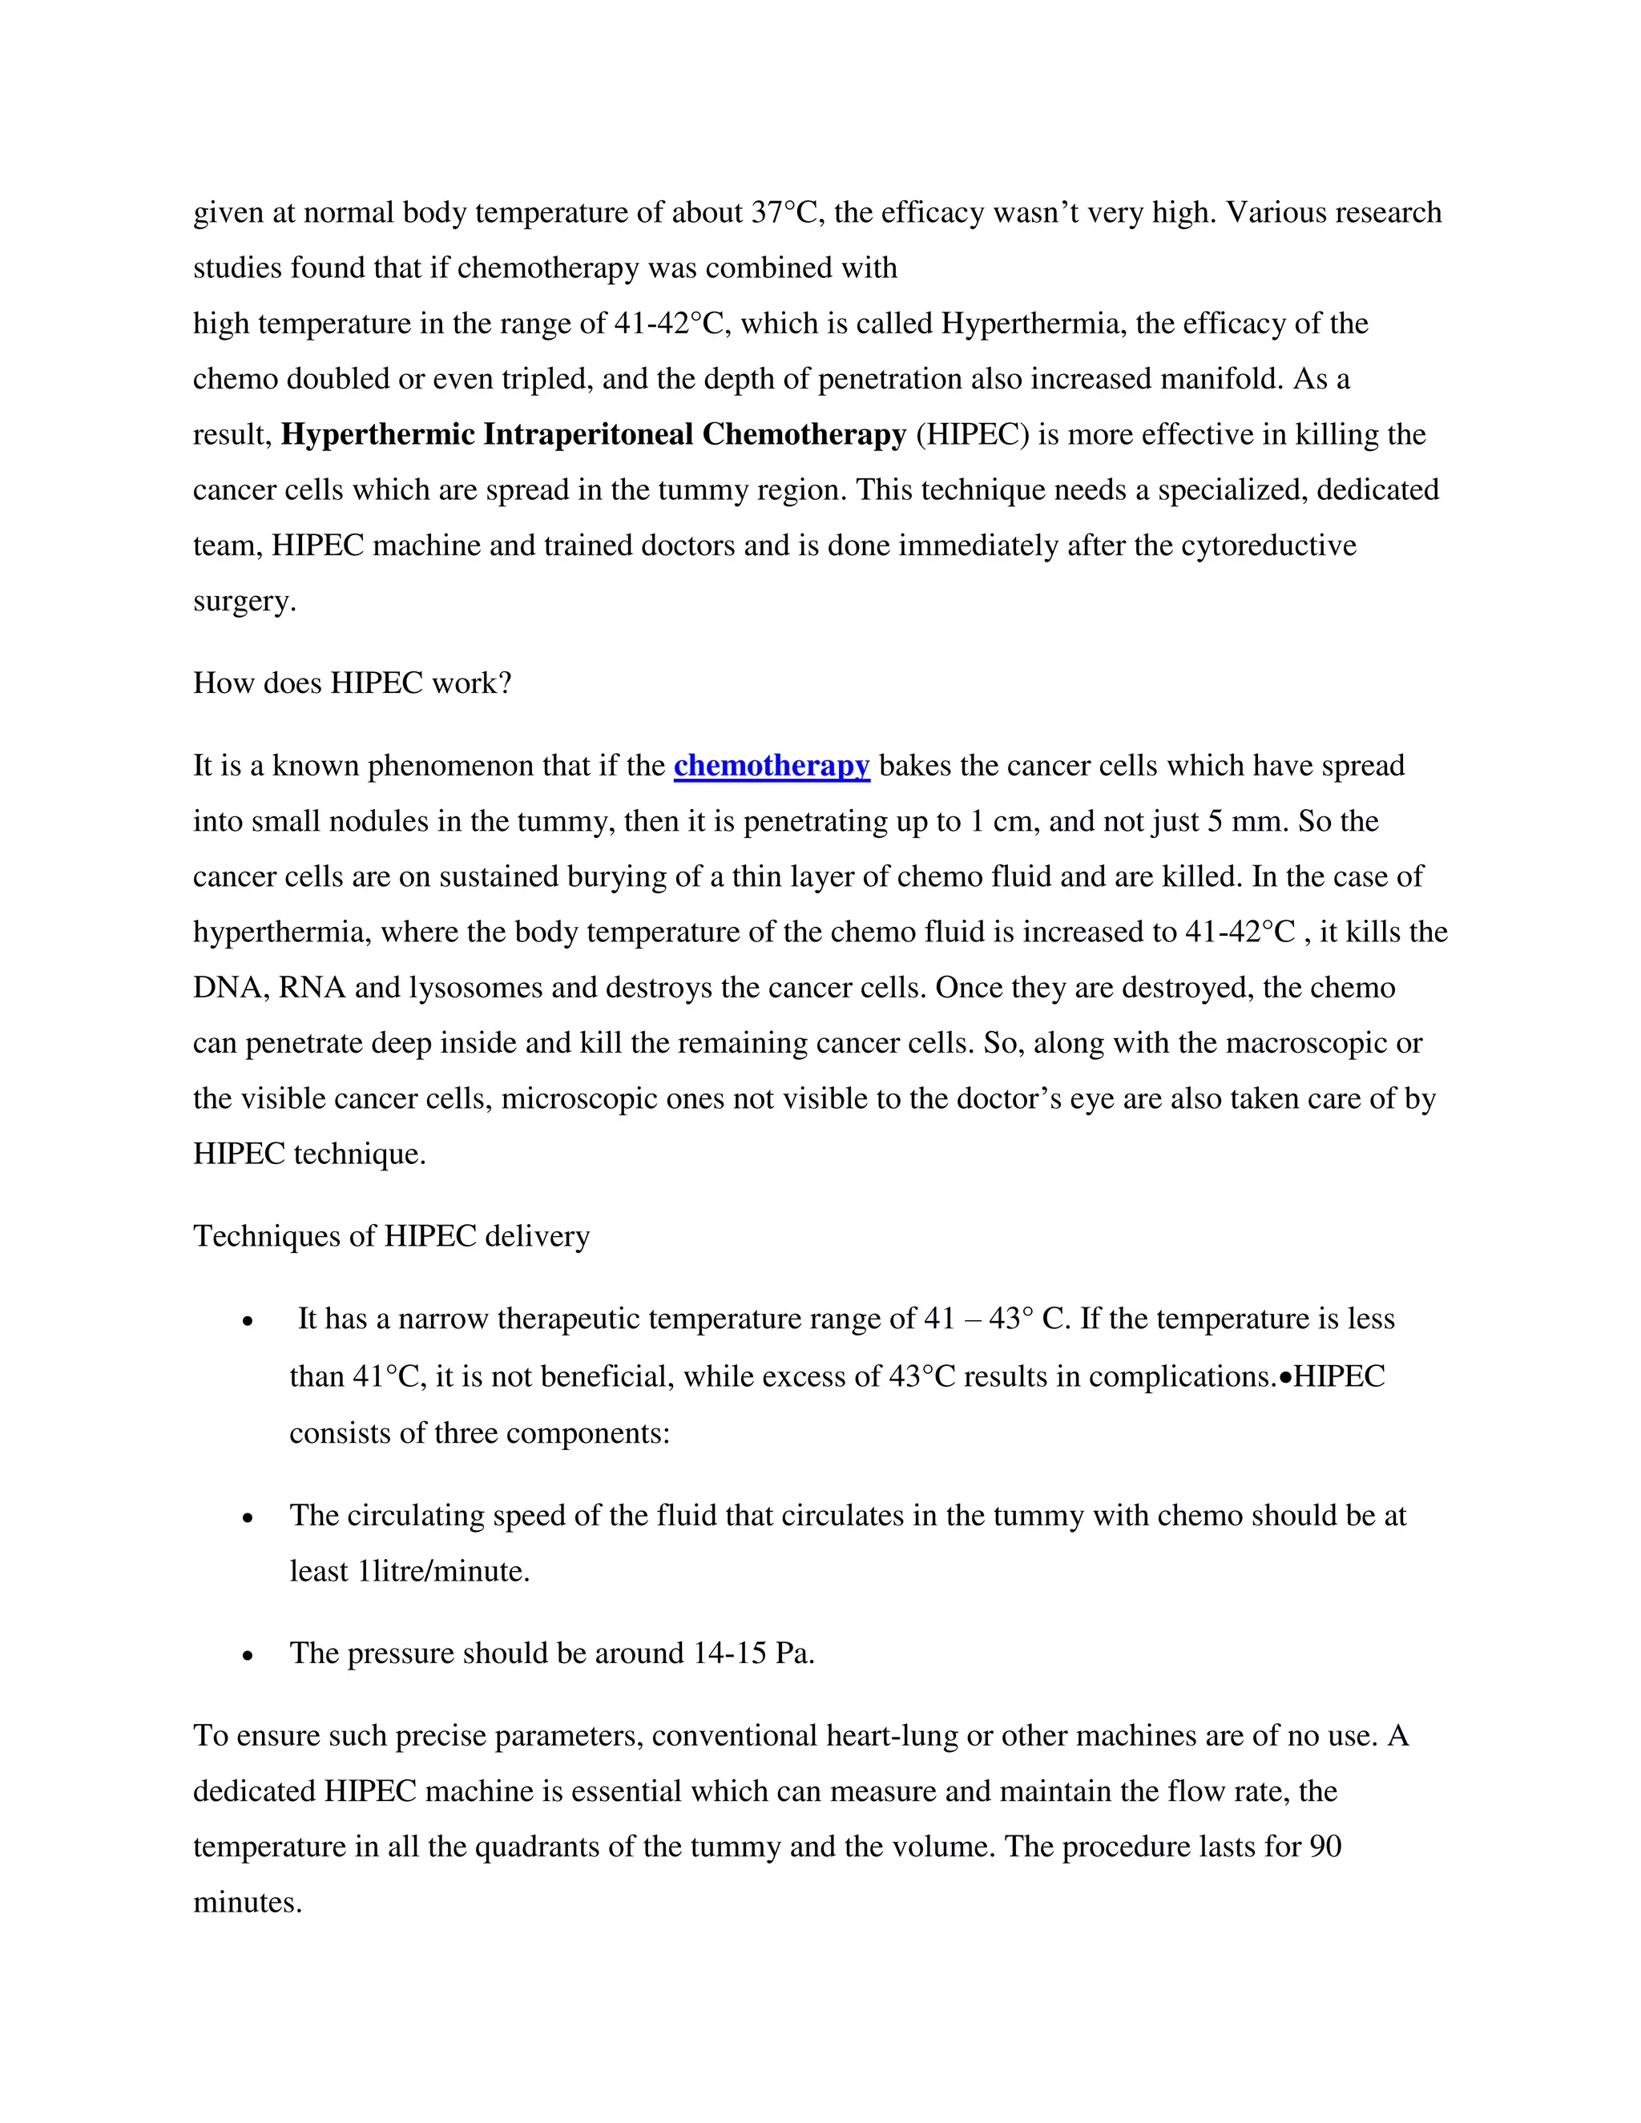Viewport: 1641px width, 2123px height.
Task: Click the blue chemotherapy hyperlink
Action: coord(771,766)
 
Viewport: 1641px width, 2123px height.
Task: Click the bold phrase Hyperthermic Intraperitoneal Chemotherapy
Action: coord(593,434)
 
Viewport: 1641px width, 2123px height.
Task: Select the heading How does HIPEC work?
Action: coord(352,683)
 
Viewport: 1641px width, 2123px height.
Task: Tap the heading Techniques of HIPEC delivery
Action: coord(391,1236)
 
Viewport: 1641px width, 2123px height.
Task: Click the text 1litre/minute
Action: coord(443,1572)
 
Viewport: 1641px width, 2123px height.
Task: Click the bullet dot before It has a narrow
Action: coord(249,1321)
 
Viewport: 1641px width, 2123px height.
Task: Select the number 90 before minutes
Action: coord(1325,1847)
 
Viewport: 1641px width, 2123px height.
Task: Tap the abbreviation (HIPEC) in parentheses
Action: coord(972,434)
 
